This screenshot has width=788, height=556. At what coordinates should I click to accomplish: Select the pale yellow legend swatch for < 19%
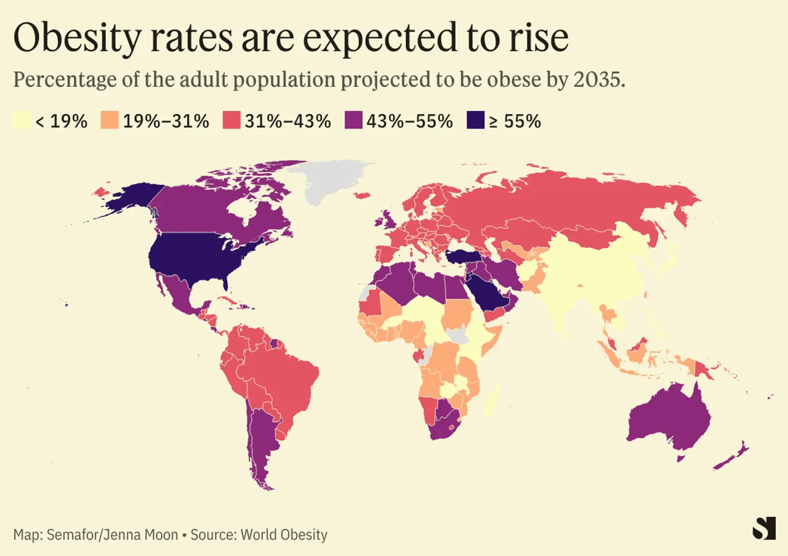click(x=22, y=121)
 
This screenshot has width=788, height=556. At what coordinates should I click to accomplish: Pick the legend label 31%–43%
click(x=287, y=121)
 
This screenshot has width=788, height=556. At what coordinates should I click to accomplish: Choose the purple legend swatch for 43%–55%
click(x=352, y=121)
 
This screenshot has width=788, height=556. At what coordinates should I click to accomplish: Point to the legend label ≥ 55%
click(x=515, y=121)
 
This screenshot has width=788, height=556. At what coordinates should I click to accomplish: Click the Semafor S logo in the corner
click(x=764, y=528)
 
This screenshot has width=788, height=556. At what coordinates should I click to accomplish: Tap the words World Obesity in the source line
click(x=284, y=534)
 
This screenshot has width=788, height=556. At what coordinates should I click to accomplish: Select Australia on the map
click(x=668, y=419)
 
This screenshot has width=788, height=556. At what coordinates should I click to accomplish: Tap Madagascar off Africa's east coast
click(x=491, y=401)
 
